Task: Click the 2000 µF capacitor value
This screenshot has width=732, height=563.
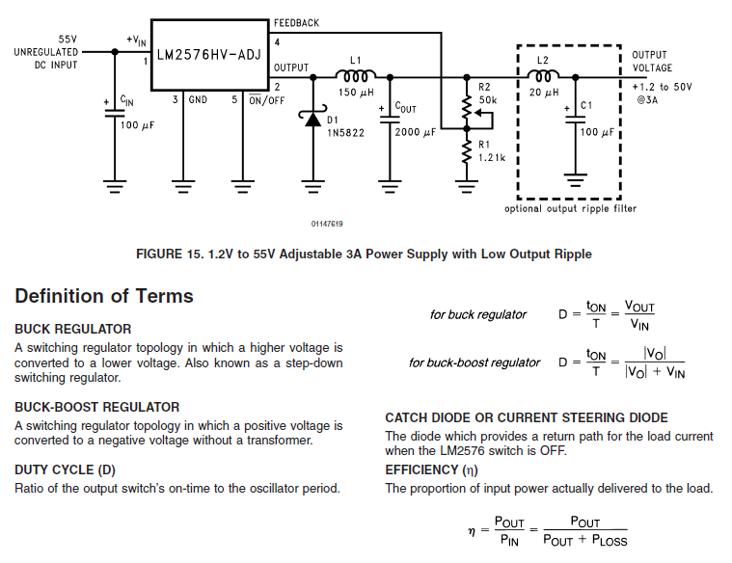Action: click(420, 132)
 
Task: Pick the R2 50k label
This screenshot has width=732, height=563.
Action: click(488, 94)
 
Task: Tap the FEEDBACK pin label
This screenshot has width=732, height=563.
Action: click(296, 23)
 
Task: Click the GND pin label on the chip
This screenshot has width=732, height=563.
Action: click(198, 99)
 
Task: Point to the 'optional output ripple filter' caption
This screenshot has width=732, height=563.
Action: click(570, 208)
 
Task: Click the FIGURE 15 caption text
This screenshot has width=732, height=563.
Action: click(365, 254)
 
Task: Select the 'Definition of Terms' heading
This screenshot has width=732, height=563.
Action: click(104, 296)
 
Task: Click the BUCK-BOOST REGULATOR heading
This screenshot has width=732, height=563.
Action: click(97, 407)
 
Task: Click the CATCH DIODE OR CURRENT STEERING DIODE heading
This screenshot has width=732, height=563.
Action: click(527, 417)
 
